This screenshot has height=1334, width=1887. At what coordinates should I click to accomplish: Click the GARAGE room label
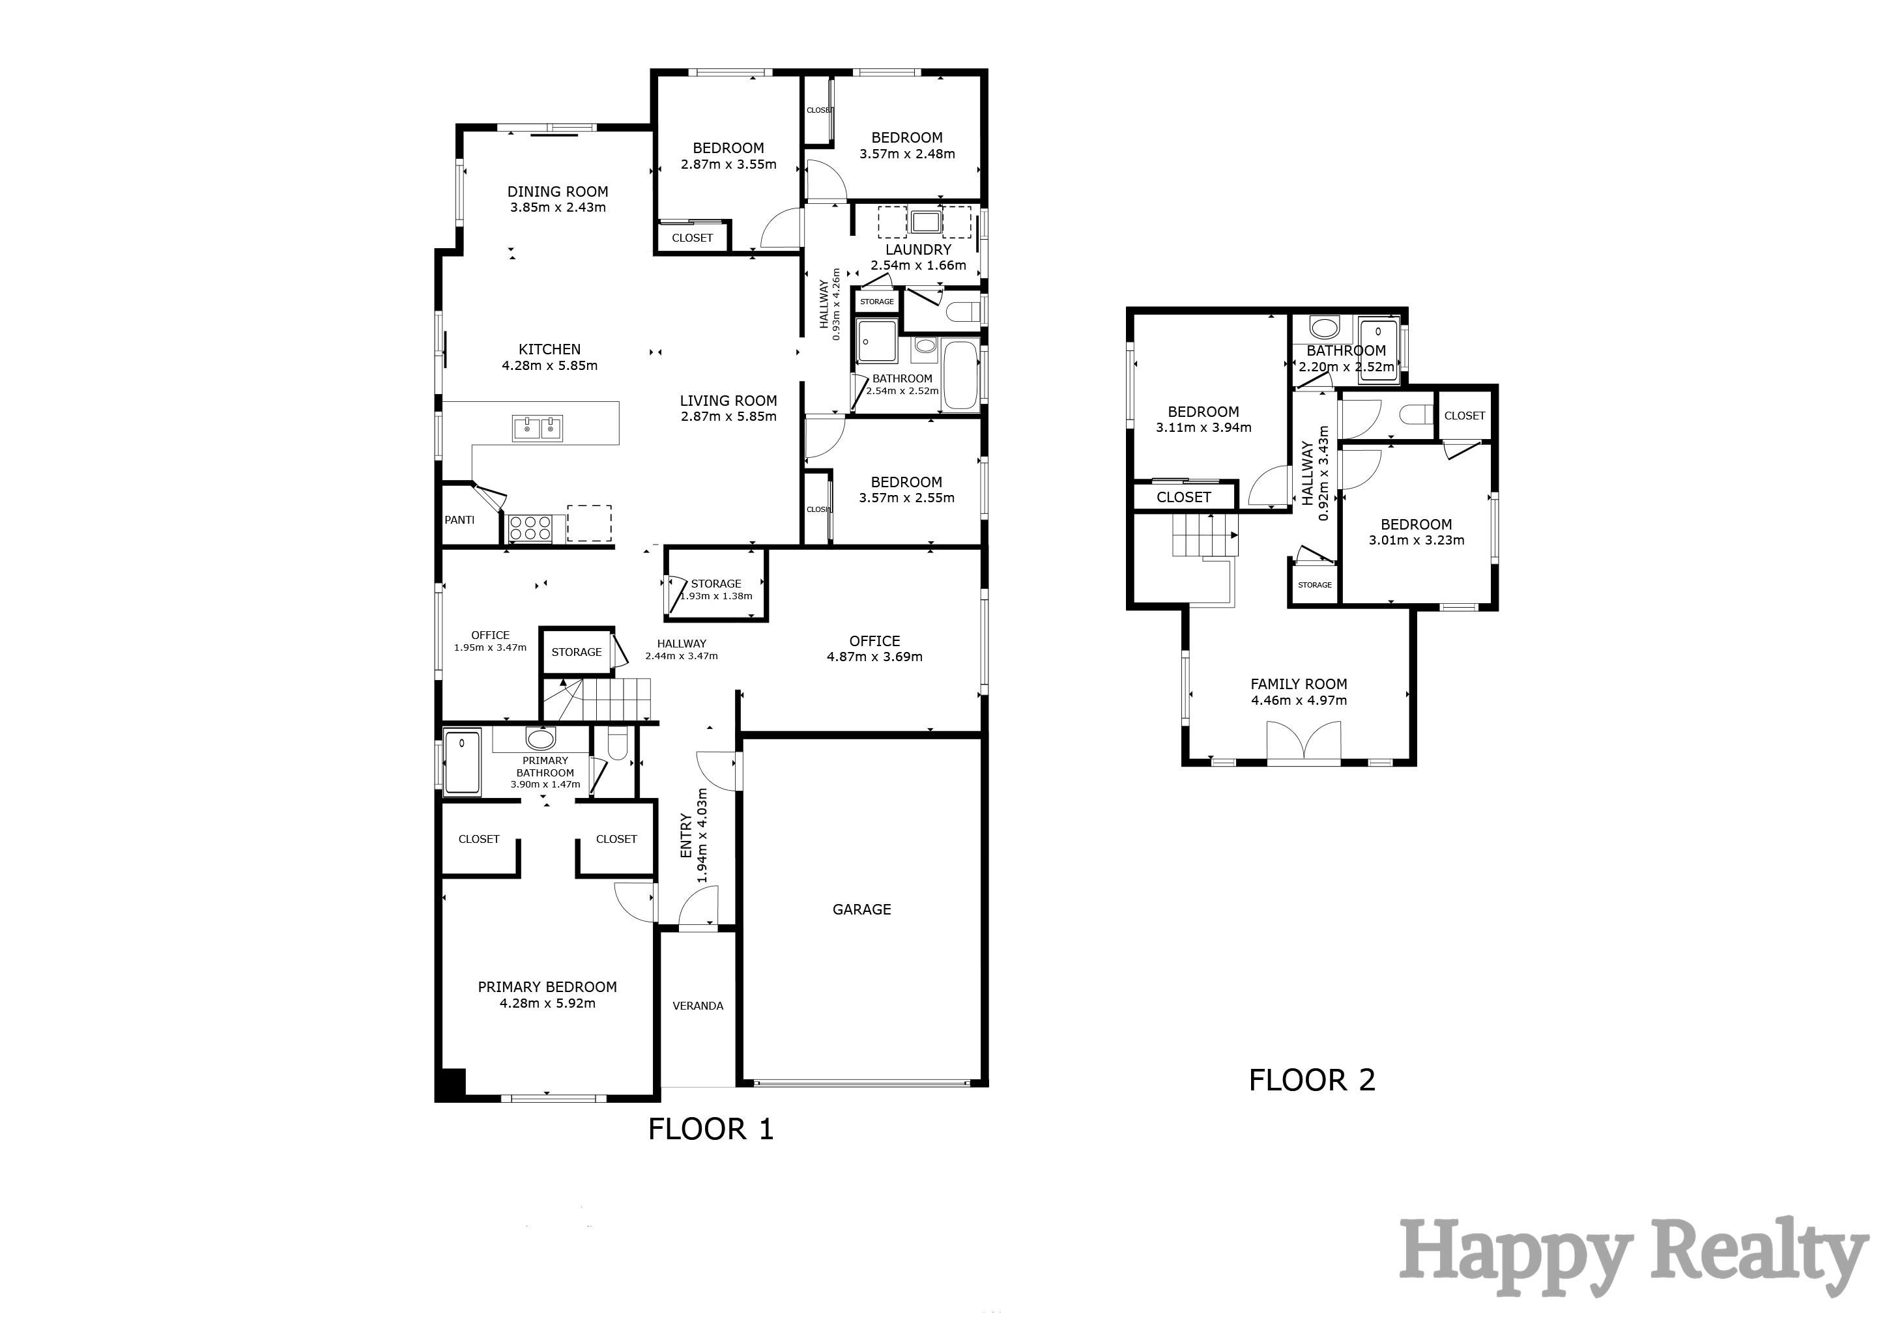[x=861, y=909]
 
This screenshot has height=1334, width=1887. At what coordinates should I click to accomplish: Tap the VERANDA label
[x=698, y=1006]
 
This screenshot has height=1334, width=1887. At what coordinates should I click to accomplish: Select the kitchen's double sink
[x=538, y=428]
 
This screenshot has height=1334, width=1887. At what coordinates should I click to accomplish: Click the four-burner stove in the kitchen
[x=530, y=528]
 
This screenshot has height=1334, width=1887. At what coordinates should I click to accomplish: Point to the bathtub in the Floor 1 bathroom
[x=960, y=376]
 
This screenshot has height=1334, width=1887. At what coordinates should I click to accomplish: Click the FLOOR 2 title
[x=1312, y=1079]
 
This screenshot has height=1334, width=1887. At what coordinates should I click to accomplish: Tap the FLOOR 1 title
[x=711, y=1129]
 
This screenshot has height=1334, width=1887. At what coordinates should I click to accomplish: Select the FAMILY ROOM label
[x=1299, y=684]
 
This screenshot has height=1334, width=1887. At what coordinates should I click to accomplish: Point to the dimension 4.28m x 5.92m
[x=547, y=1003]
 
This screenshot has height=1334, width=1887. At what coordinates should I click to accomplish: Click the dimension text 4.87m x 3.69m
[x=874, y=657]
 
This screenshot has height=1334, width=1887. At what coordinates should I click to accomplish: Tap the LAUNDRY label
[x=918, y=249]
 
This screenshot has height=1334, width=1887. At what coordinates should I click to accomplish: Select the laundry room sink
[x=925, y=221]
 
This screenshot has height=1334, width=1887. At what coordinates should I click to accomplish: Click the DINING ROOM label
[x=557, y=192]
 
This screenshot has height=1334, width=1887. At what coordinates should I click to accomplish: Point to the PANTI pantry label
[x=459, y=520]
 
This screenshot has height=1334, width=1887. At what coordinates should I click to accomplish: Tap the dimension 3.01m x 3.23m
[x=1416, y=541]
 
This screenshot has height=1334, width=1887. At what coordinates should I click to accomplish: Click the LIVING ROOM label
[x=728, y=401]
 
